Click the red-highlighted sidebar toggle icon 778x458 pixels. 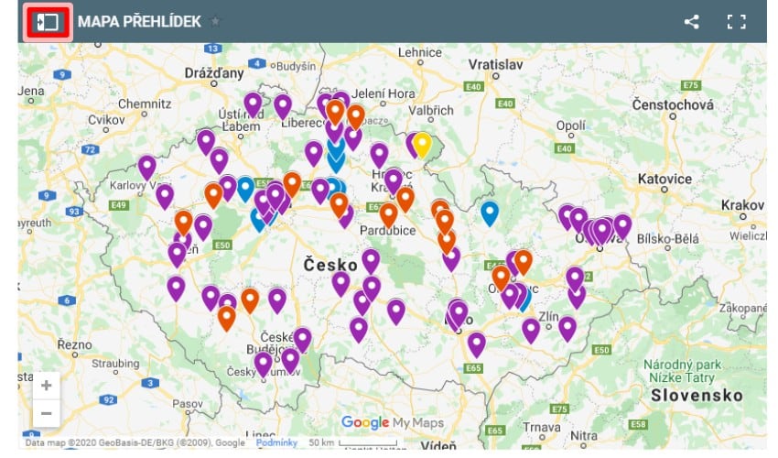pos(49,21)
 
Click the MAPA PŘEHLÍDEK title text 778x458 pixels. pos(139,21)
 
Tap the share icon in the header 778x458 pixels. pos(692,22)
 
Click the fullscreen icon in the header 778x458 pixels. pos(736,22)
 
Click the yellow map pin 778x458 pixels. pos(421,144)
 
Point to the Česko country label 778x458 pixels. pos(330,265)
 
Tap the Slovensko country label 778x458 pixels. pos(697,395)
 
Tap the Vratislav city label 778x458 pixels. pos(494,65)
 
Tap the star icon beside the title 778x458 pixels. pos(215,21)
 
